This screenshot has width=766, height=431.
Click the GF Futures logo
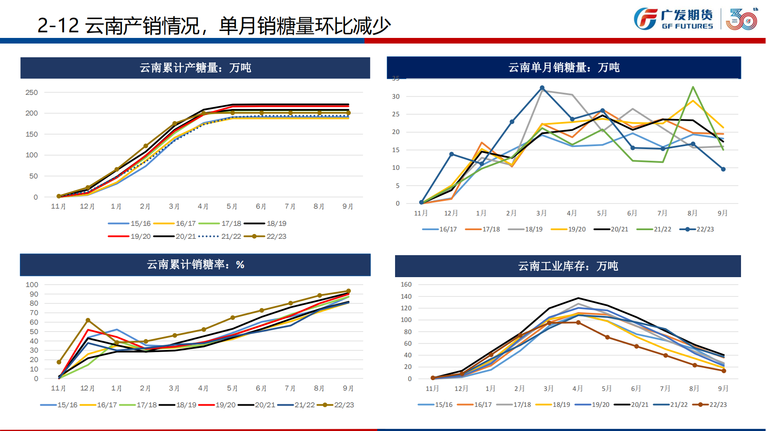click(x=673, y=19)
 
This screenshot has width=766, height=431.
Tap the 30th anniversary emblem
click(x=742, y=19)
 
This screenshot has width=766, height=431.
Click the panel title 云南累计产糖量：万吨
click(x=195, y=68)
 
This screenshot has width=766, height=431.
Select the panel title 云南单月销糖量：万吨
click(x=564, y=67)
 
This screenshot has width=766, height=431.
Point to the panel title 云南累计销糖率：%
click(x=195, y=264)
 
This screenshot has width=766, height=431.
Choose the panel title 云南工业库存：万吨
click(x=568, y=266)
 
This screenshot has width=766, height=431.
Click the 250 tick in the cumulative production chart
click(x=31, y=92)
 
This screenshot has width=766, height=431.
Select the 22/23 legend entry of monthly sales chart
click(x=697, y=229)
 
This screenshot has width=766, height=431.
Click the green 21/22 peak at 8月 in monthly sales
click(x=693, y=87)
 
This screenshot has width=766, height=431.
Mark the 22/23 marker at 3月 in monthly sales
click(x=542, y=88)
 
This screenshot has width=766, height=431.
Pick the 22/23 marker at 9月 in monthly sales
click(x=723, y=169)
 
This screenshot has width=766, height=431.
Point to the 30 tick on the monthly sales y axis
click(x=395, y=97)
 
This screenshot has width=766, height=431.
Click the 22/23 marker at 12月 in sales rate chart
click(x=88, y=320)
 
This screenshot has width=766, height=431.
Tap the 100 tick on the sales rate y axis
click(x=32, y=284)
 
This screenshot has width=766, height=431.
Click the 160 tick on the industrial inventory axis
click(x=406, y=284)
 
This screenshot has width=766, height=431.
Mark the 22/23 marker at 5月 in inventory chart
click(x=607, y=337)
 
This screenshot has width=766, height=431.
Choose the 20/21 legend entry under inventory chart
click(x=631, y=405)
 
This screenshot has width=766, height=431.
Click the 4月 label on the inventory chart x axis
click(x=577, y=388)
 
